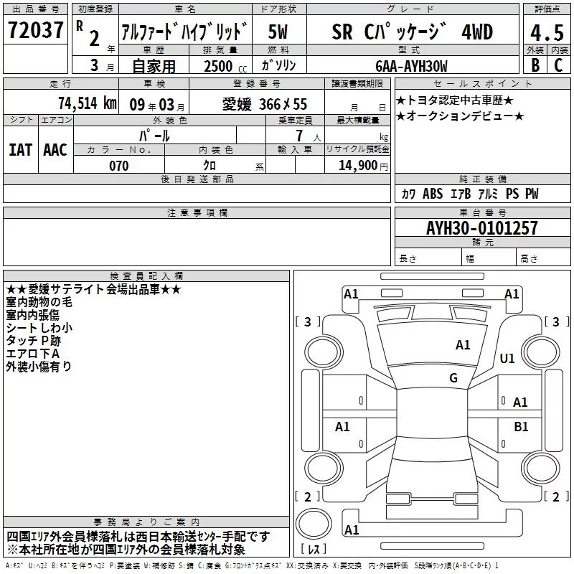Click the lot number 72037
coord(35,29)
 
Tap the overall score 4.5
coord(547,32)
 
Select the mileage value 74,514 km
coord(88,103)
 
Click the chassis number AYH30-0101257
coord(481,228)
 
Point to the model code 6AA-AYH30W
coord(411,66)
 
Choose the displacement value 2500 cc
coord(225,66)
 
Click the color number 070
coord(119,166)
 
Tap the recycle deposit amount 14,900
coord(358,166)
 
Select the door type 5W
coord(278,32)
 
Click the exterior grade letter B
coord(535,65)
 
